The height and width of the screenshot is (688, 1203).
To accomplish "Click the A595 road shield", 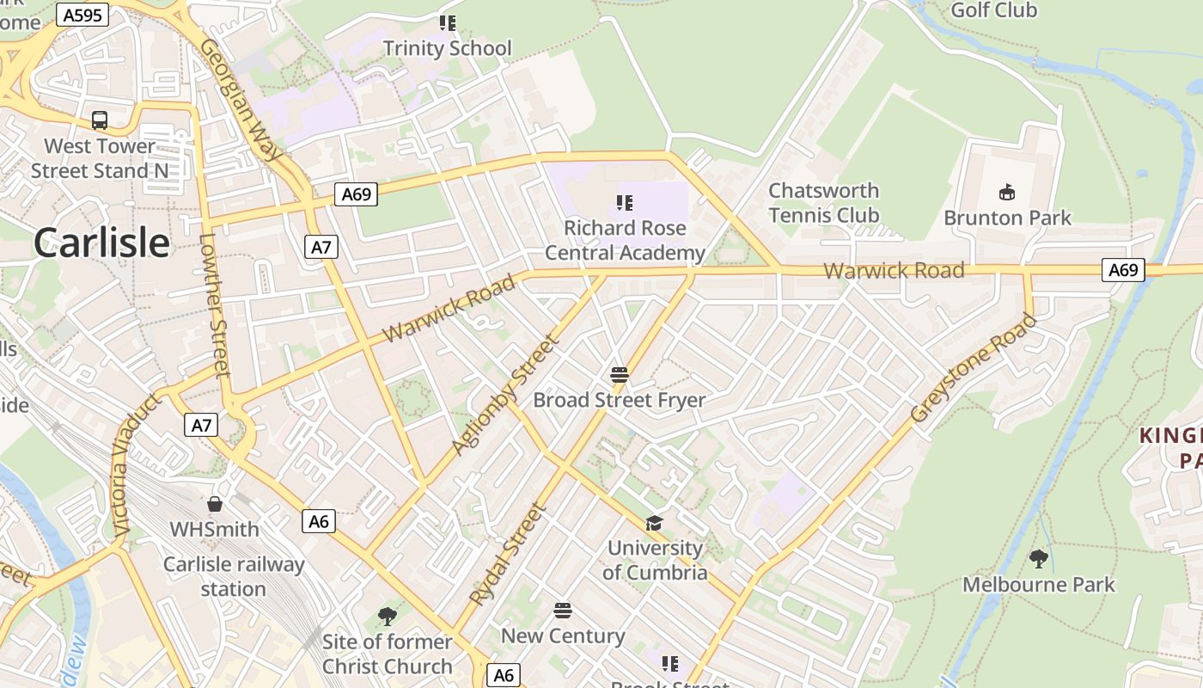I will [x=82, y=15].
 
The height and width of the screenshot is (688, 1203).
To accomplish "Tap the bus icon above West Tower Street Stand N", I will [x=100, y=120].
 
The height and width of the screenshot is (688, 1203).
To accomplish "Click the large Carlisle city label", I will [x=101, y=243].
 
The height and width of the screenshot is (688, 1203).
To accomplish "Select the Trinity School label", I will [x=447, y=48].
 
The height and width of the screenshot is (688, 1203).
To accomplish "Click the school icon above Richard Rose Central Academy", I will [x=625, y=203].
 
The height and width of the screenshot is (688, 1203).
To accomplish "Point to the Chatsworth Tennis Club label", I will [x=823, y=202].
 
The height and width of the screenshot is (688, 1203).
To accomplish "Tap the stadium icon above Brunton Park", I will [x=1007, y=191].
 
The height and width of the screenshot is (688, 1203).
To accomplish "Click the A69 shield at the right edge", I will [x=1122, y=270].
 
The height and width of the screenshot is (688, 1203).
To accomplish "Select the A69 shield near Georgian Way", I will [x=356, y=194].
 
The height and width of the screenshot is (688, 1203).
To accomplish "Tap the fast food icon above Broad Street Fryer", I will [x=620, y=375].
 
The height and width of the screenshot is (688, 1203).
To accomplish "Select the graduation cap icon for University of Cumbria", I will [x=654, y=523].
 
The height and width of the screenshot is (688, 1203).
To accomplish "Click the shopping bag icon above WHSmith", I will [x=214, y=504].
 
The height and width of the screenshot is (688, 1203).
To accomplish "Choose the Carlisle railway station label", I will [x=234, y=576].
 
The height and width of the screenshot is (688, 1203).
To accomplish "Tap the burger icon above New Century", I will [x=563, y=611].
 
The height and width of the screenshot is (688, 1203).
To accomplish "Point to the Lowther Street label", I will [x=214, y=305].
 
